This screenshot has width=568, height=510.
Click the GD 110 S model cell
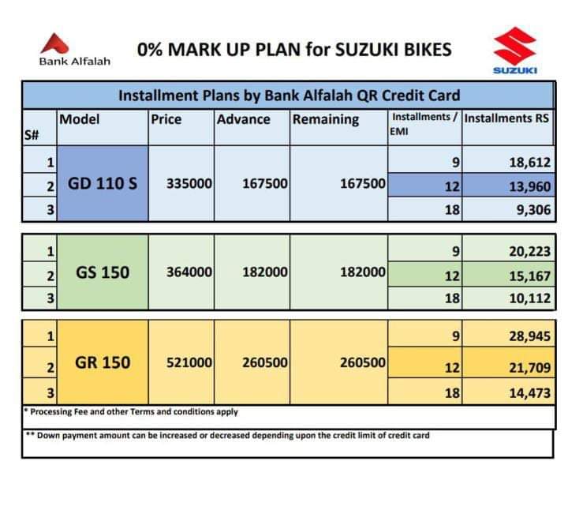click(103, 183)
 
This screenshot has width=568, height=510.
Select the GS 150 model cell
click(103, 272)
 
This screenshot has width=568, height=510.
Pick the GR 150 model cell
click(103, 363)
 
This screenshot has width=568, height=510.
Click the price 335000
click(189, 184)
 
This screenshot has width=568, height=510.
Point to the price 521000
click(189, 363)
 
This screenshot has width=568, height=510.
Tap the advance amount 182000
click(264, 272)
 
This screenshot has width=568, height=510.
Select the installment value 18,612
click(529, 163)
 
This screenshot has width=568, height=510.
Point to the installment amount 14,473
click(529, 392)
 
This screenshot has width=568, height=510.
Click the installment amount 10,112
click(529, 299)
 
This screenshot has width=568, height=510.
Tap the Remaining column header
click(325, 120)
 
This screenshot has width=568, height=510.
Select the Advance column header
click(244, 120)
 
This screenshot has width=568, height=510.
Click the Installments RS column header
click(507, 118)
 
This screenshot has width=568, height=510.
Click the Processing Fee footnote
click(131, 411)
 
